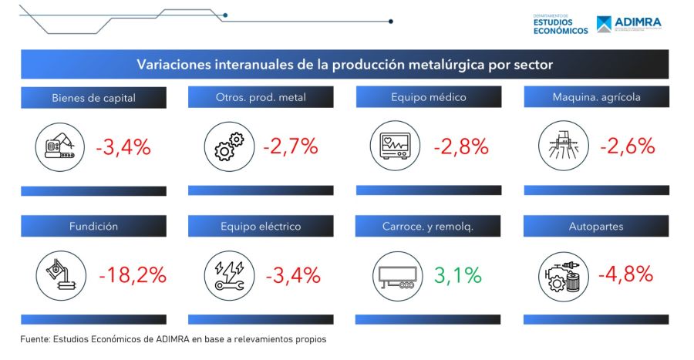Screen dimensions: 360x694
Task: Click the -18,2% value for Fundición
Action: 133,275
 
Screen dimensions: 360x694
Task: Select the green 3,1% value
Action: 458,275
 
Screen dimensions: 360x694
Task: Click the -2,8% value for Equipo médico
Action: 460,146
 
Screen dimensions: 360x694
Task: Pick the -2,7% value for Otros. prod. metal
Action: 290,146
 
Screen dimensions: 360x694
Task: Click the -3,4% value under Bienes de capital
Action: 123,146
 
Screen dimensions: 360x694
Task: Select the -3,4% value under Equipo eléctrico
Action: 291,275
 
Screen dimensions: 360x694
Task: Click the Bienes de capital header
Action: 93,98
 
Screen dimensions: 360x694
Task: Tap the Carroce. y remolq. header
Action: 427,227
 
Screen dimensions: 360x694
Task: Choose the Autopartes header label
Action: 596,227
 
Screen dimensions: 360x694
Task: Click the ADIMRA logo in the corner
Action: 628,24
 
